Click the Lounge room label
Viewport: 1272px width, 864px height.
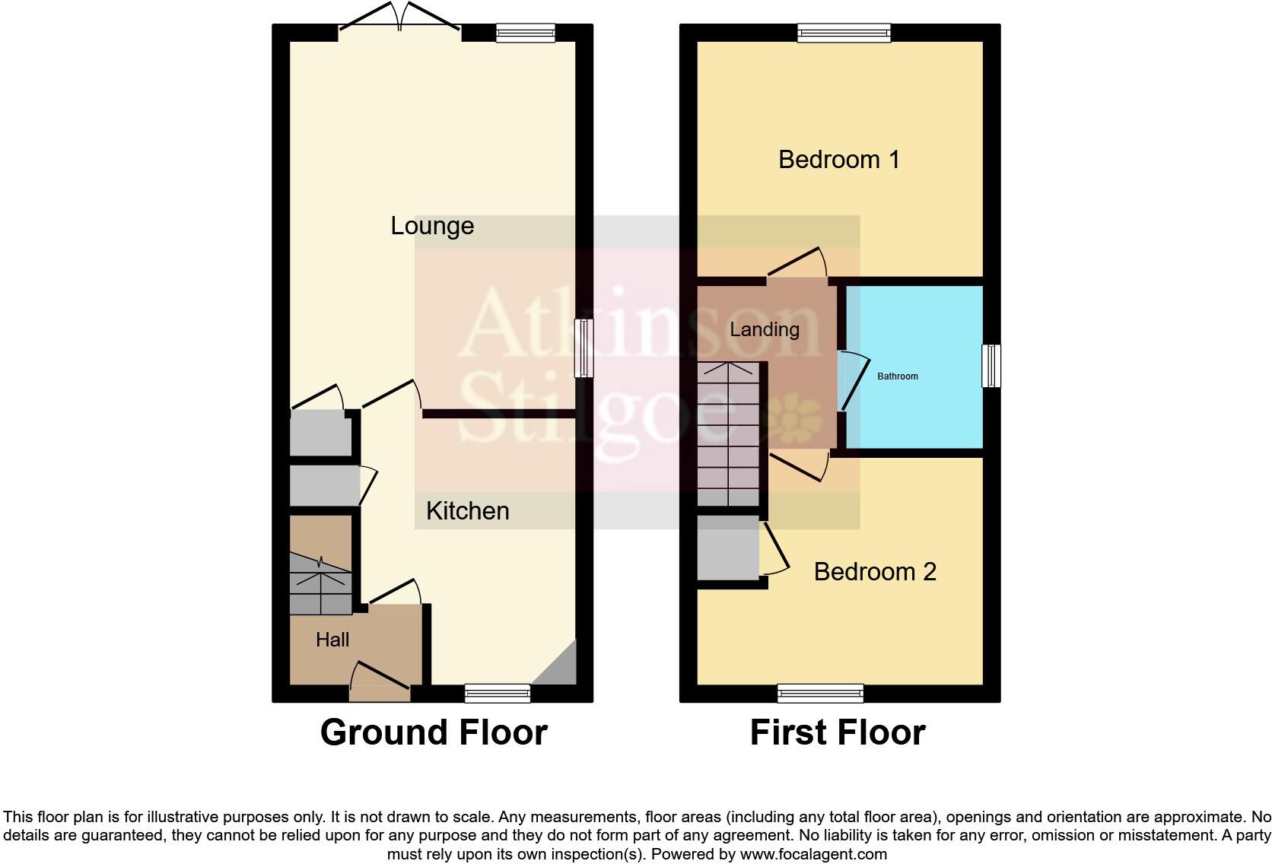(x=432, y=226)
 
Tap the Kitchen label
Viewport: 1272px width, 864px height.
(x=467, y=510)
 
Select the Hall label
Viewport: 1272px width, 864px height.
(x=332, y=640)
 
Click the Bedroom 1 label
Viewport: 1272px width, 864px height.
(x=838, y=160)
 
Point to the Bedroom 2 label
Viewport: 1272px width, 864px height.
(x=874, y=572)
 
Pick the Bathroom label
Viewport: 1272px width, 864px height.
(x=898, y=376)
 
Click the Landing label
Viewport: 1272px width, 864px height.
(x=764, y=329)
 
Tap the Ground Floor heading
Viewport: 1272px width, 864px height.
(x=434, y=732)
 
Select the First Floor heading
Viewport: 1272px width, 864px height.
(x=838, y=732)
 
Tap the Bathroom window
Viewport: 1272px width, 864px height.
(x=991, y=366)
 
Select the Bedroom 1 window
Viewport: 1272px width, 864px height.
(x=844, y=32)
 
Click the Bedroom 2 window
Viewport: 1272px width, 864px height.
(x=820, y=693)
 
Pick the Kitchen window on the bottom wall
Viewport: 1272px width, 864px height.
(x=498, y=693)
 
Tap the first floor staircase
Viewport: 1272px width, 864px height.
(x=728, y=434)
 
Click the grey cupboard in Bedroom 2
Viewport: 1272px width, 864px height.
(x=728, y=548)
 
